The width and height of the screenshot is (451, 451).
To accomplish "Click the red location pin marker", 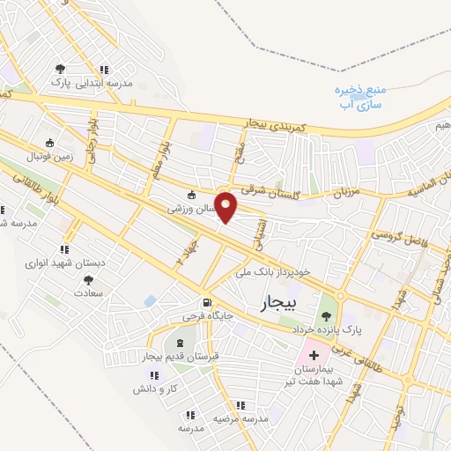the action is [x=226, y=205].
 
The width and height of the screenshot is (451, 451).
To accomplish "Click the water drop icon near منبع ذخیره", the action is [x=336, y=90].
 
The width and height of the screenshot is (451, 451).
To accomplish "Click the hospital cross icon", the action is [x=314, y=354].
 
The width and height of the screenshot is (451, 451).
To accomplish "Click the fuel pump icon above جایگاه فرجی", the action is [x=206, y=300].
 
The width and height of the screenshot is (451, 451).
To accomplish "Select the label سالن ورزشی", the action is [x=190, y=210].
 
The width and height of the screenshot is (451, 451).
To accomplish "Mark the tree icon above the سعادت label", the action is [x=89, y=278].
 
